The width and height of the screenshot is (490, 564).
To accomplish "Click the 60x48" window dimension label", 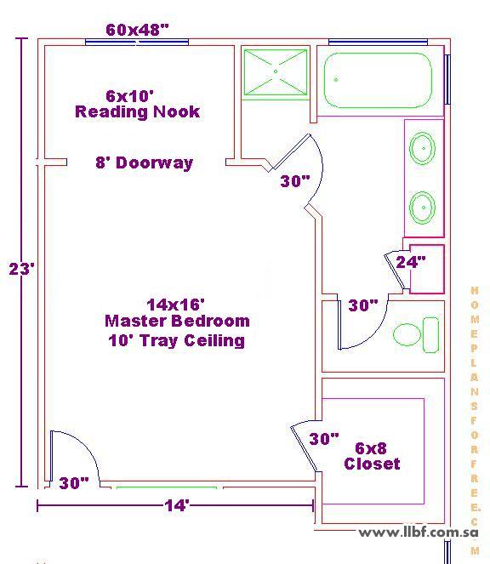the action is pos(137,30).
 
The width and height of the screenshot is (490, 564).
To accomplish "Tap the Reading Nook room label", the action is pos(137,111).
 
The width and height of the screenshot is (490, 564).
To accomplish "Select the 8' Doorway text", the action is pos(145,162).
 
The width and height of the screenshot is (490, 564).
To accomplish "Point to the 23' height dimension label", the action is pos(22,268).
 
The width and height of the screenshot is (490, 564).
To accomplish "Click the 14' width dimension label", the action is pos(177,505).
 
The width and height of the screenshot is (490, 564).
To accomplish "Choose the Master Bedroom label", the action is pos(177,321).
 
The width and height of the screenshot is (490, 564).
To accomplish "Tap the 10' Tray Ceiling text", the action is pos(177,340).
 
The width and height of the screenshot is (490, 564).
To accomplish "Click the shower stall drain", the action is pos(276,71).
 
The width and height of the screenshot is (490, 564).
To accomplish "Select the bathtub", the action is pos(378,80).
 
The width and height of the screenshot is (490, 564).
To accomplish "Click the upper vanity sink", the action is pos(422,148).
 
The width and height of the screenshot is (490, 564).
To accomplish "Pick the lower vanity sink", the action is pos(422,208).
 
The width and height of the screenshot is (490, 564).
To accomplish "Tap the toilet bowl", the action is pos(407,334).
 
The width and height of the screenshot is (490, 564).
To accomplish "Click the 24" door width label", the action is pos(411,262).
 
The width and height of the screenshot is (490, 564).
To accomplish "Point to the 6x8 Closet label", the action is pos(372,456).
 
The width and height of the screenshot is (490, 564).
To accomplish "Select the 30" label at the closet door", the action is pos(324,439).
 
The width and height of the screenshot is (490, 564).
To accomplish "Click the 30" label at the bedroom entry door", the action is pos(74,483).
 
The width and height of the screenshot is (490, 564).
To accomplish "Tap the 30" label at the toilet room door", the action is pos(363,305).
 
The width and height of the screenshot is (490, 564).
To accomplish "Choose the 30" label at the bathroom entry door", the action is pos(295,181).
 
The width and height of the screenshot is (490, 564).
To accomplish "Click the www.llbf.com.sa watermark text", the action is pos(419,533).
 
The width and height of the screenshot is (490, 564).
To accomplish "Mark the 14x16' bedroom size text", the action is pos(175,305).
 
